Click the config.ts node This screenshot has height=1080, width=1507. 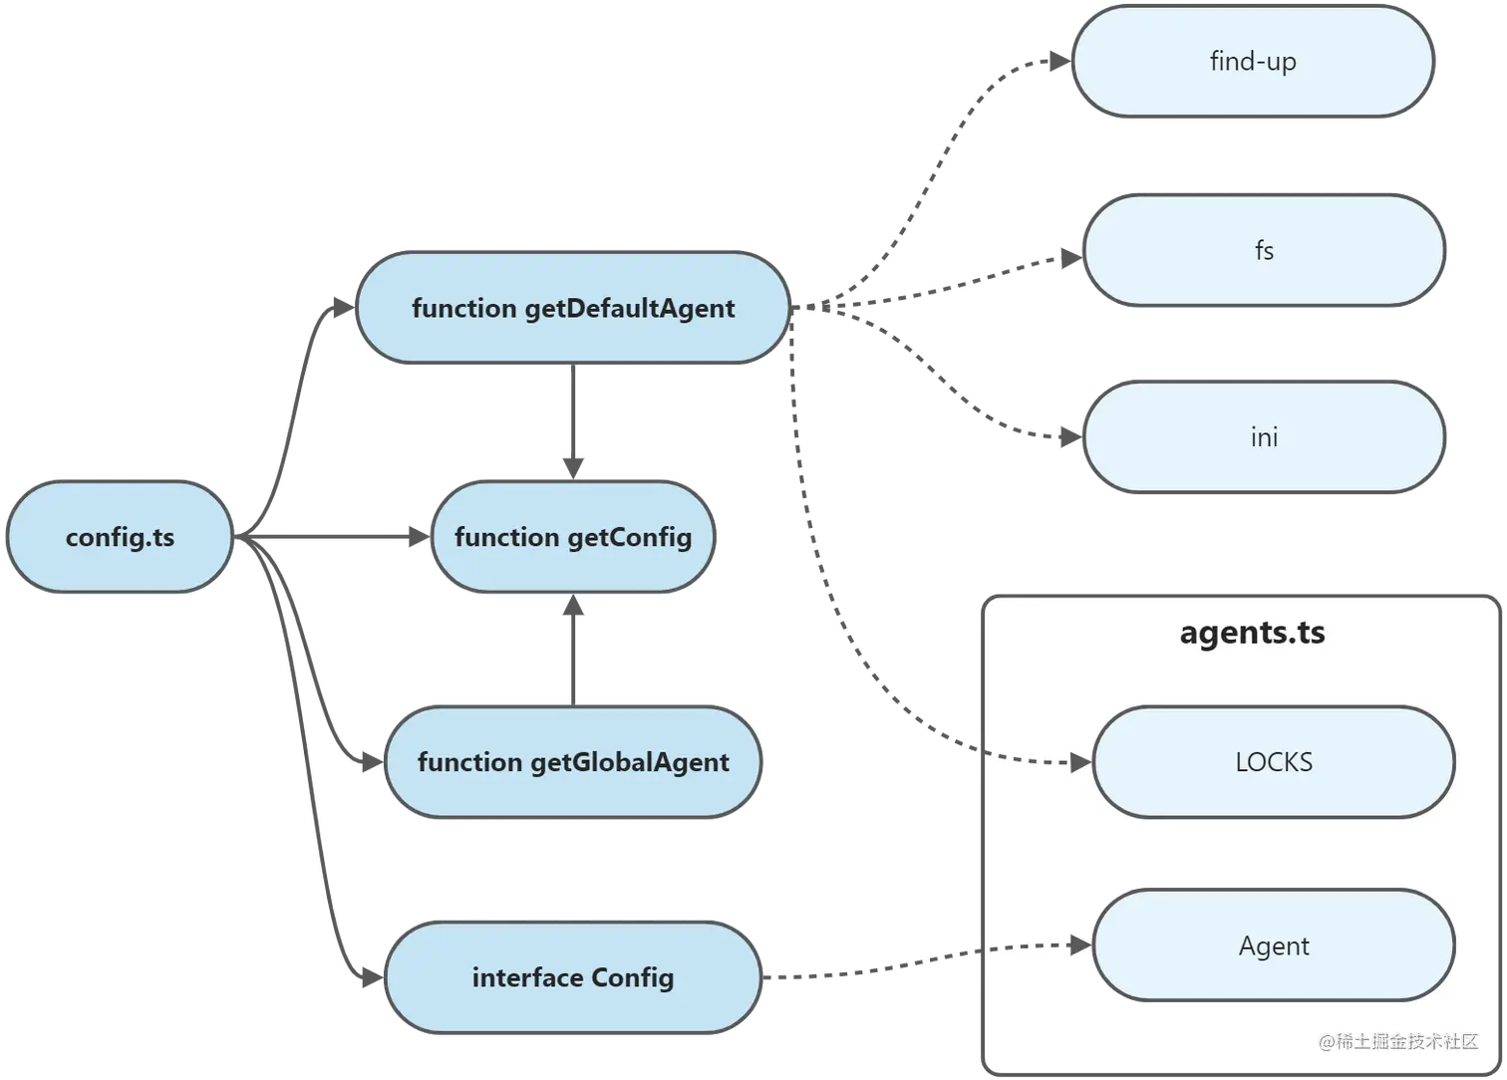point(120,538)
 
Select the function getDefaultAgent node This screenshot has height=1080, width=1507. point(573,308)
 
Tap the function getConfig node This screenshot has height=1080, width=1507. point(573,538)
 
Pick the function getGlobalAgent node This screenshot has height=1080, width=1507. point(573,763)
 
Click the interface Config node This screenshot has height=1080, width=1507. point(573,978)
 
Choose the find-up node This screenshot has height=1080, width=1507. point(1253,62)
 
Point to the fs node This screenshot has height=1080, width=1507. point(1264,250)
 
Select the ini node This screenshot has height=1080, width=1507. point(1264,437)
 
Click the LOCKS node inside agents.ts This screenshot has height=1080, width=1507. point(1274,763)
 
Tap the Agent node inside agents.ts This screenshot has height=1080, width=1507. point(1274,946)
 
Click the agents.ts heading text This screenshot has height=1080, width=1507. point(1252,633)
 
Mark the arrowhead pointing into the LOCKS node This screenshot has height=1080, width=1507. point(1081,764)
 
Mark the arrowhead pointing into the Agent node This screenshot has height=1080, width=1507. point(1080,944)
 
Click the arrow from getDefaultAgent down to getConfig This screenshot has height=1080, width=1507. point(573,418)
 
